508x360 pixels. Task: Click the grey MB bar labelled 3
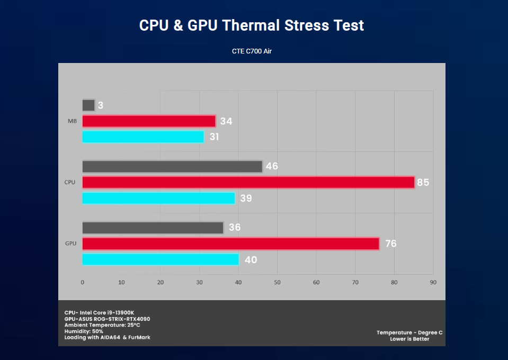pyautogui.click(x=88, y=105)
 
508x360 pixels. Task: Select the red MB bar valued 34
pyautogui.click(x=149, y=121)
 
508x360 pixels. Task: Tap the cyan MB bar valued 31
pyautogui.click(x=143, y=137)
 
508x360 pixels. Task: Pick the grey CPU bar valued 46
pyautogui.click(x=172, y=166)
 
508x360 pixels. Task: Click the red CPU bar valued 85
pyautogui.click(x=248, y=182)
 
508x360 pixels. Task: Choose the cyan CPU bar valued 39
pyautogui.click(x=158, y=198)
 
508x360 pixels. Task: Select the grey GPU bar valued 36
pyautogui.click(x=153, y=228)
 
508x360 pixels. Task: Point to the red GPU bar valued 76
pyautogui.click(x=230, y=244)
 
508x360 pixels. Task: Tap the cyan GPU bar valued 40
pyautogui.click(x=161, y=259)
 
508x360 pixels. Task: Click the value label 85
pyautogui.click(x=423, y=183)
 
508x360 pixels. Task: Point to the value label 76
pyautogui.click(x=390, y=244)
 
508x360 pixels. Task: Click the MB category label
pyautogui.click(x=72, y=121)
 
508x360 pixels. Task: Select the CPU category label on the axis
pyautogui.click(x=70, y=182)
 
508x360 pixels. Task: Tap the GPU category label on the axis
pyautogui.click(x=70, y=244)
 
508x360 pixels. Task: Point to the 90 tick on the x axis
pyautogui.click(x=433, y=282)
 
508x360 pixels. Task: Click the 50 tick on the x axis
pyautogui.click(x=277, y=282)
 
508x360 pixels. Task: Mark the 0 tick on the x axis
pyautogui.click(x=82, y=282)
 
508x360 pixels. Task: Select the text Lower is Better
pyautogui.click(x=409, y=339)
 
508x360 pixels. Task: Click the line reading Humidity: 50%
pyautogui.click(x=84, y=331)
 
